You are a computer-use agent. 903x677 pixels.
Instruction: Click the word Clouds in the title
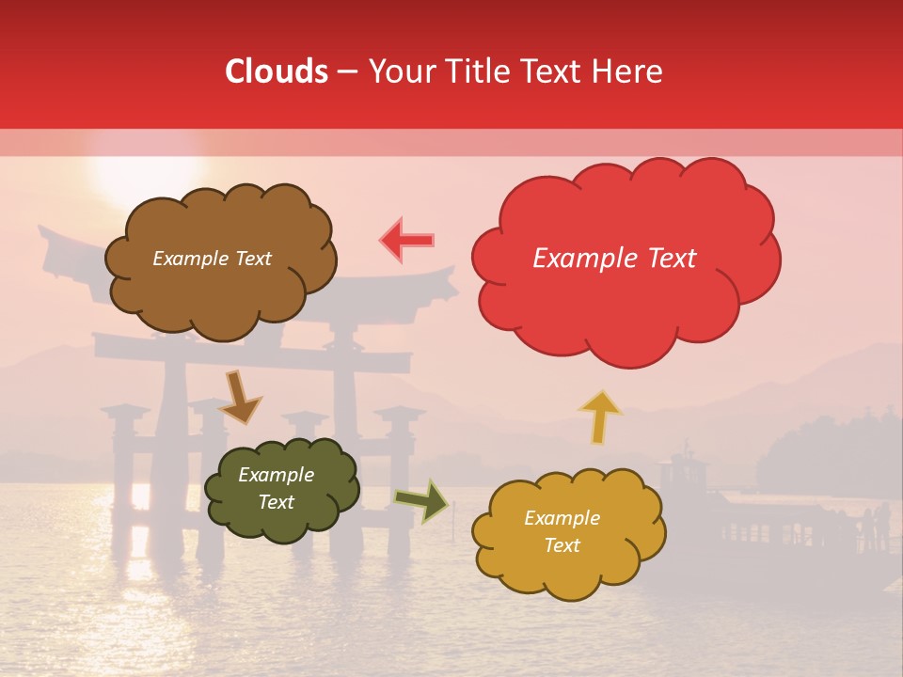(x=277, y=72)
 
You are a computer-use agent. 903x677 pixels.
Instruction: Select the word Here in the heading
(x=628, y=72)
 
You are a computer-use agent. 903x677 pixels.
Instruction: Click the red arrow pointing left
(x=407, y=240)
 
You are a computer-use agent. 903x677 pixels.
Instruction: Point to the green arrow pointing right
(x=422, y=501)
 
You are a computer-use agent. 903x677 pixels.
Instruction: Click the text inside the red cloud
(x=614, y=259)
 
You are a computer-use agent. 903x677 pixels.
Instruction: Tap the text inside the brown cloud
(x=212, y=259)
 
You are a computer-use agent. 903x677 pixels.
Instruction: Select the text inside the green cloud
(x=276, y=489)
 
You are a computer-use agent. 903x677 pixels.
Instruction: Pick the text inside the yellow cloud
(x=562, y=531)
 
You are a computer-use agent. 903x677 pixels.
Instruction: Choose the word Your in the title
(x=400, y=72)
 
